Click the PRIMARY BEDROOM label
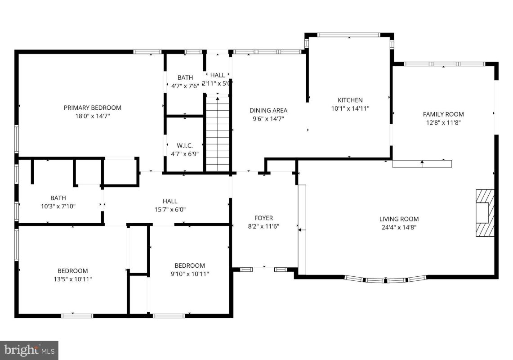[x=92, y=108]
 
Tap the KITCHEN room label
[x=350, y=100]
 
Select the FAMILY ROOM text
[x=443, y=114]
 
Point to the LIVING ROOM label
[x=399, y=219]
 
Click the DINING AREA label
[x=268, y=110]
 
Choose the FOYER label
[x=264, y=218]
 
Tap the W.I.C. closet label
[x=184, y=145]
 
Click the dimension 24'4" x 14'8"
[x=399, y=227]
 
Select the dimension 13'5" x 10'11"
[x=73, y=279]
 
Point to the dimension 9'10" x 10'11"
[x=190, y=274]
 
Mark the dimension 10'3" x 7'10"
[x=58, y=207]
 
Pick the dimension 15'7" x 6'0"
[x=170, y=210]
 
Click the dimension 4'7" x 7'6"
[x=185, y=86]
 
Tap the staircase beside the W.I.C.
[x=218, y=134]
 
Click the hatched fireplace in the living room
[x=485, y=212]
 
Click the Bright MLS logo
[x=29, y=351]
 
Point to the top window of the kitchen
[x=349, y=35]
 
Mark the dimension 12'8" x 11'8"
[x=443, y=122]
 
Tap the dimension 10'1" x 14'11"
[x=350, y=108]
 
